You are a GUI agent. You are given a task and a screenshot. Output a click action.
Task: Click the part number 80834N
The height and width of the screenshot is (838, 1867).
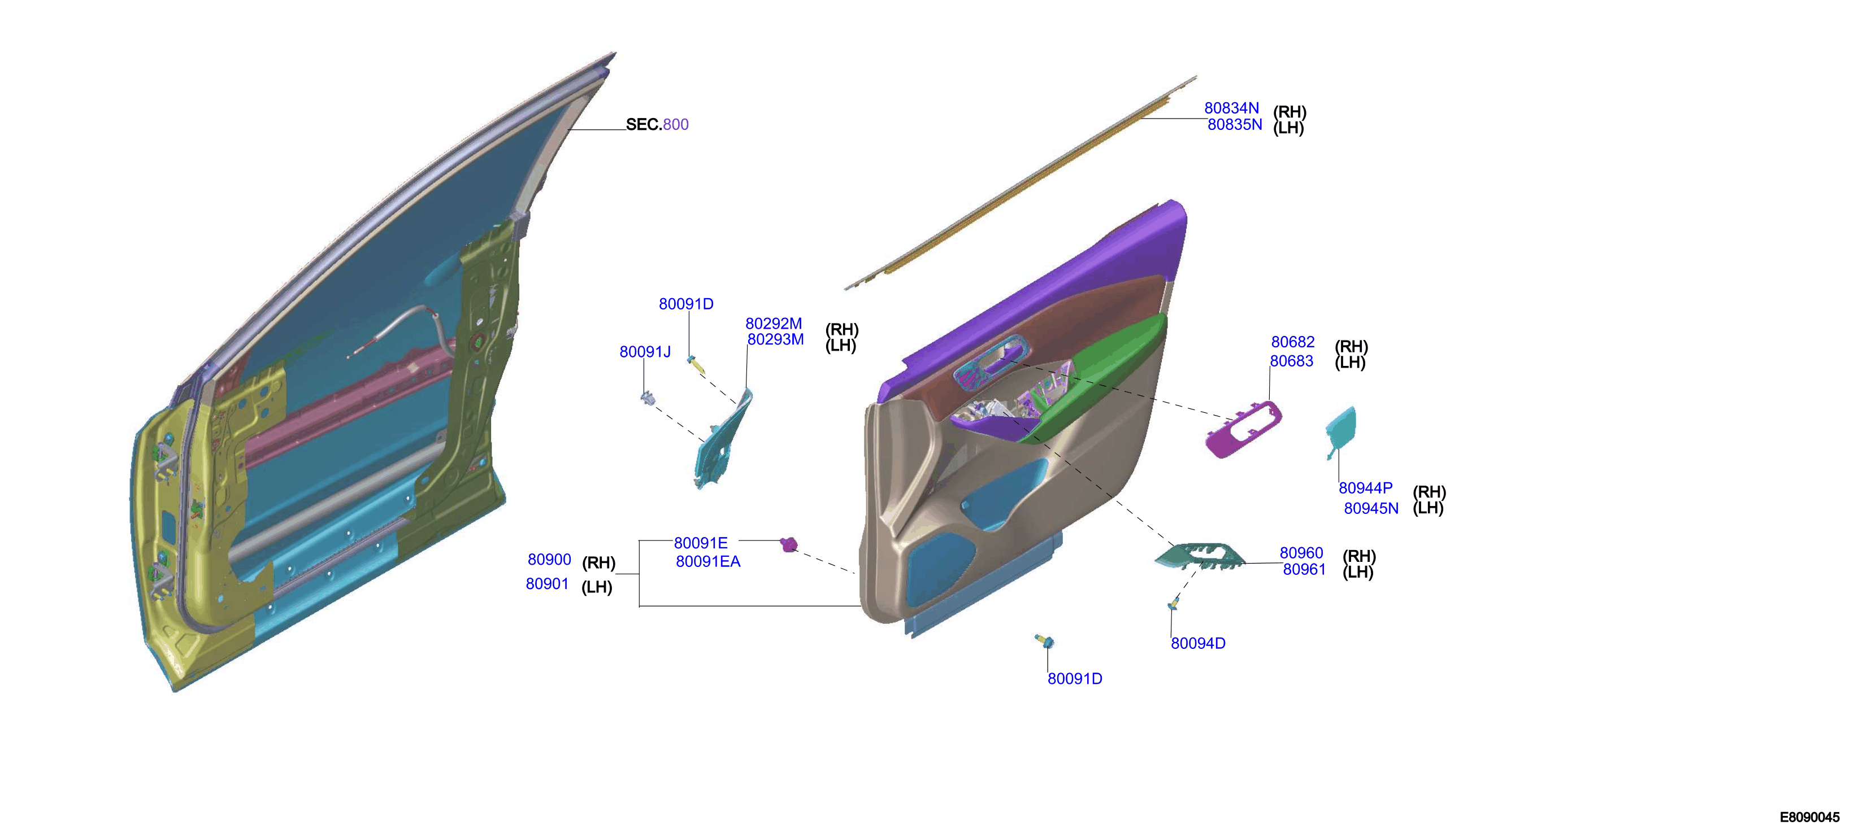(x=1231, y=108)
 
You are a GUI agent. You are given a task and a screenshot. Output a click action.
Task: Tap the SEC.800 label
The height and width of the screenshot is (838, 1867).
(x=657, y=125)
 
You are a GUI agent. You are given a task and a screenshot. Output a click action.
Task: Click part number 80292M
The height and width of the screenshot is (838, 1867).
(x=774, y=324)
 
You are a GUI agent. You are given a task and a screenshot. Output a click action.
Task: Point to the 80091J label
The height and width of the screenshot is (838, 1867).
(x=645, y=352)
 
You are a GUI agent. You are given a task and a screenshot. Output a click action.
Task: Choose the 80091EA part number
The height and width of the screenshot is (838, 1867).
(x=708, y=562)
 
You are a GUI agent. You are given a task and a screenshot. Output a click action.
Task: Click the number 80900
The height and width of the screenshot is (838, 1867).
(x=549, y=560)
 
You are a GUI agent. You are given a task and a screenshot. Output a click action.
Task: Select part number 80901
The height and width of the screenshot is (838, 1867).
(x=547, y=584)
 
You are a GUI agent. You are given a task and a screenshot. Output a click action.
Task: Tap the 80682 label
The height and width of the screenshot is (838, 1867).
(x=1292, y=342)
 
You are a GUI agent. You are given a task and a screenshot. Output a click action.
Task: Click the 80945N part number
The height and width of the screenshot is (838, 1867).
(x=1370, y=508)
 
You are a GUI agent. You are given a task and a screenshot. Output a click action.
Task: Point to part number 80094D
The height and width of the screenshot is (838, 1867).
(x=1198, y=643)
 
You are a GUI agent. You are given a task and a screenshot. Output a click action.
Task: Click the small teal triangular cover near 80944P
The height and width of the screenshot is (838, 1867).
(x=1341, y=429)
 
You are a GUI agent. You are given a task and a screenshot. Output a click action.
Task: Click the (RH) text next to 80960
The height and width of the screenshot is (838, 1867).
(x=1359, y=556)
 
